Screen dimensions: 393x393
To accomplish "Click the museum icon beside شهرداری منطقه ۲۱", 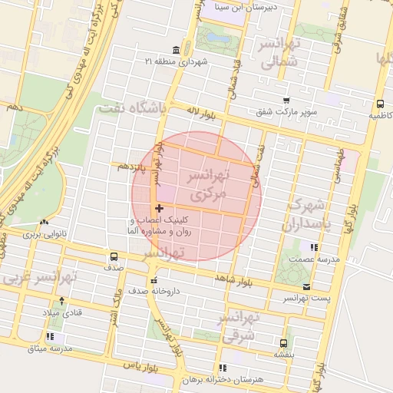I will click(x=177, y=51).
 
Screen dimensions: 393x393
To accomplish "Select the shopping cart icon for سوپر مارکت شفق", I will click(x=286, y=101).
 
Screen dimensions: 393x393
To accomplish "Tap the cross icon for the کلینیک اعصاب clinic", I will click(x=159, y=208).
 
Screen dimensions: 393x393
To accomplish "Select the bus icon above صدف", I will click(x=114, y=257).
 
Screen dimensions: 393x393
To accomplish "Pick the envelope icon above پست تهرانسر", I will click(x=307, y=287).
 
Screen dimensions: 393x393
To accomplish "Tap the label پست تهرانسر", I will click(x=306, y=298).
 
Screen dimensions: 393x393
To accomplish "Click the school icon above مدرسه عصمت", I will click(x=313, y=247).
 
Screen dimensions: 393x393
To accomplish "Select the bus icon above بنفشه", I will click(x=283, y=343).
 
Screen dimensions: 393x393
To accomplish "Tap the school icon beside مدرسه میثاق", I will click(x=51, y=337).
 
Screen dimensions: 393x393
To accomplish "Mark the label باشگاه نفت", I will click(x=132, y=109).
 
